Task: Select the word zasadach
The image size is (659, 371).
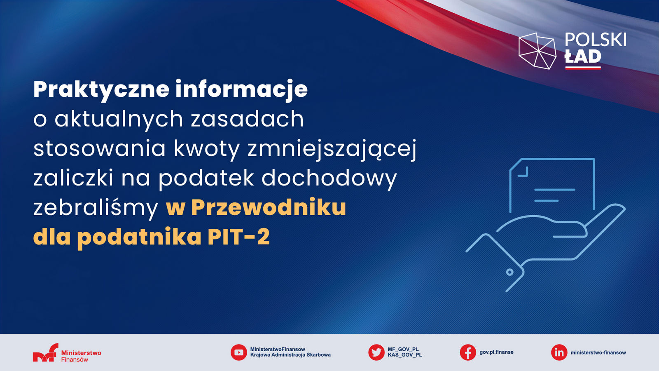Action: [x=247, y=119]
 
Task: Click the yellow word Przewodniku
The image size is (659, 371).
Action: [x=269, y=208]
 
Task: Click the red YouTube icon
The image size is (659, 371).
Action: [x=238, y=352]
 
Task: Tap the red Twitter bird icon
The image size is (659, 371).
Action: [x=376, y=352]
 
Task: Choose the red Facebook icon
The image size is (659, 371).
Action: [x=468, y=352]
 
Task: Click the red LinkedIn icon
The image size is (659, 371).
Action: [x=559, y=352]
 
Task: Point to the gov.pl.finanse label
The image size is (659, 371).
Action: [x=496, y=352]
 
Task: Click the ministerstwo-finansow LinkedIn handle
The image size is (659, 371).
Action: [x=598, y=352]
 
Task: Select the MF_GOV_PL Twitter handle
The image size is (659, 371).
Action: [x=403, y=350]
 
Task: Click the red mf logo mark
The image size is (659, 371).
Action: [x=46, y=352]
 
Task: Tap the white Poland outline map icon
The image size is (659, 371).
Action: [x=537, y=51]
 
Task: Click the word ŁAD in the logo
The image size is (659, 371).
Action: [x=583, y=56]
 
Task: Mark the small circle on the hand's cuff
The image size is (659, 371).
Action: [x=510, y=272]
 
